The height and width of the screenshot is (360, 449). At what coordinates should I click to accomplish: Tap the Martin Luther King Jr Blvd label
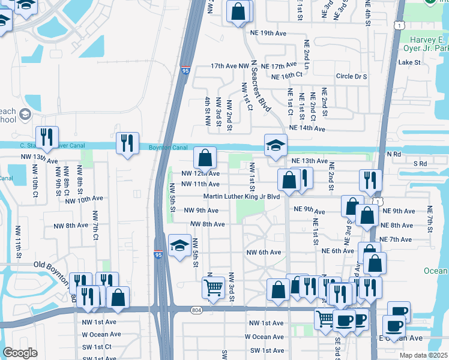coord(242,196)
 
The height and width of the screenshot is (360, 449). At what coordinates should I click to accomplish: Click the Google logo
coord(20,352)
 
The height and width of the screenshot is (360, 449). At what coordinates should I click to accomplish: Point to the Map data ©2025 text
coord(423,355)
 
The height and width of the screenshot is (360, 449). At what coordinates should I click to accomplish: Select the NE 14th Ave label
coord(307,128)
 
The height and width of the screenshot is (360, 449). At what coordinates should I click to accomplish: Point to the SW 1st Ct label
coord(97,347)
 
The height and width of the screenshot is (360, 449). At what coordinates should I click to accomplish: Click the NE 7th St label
coord(430,220)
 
